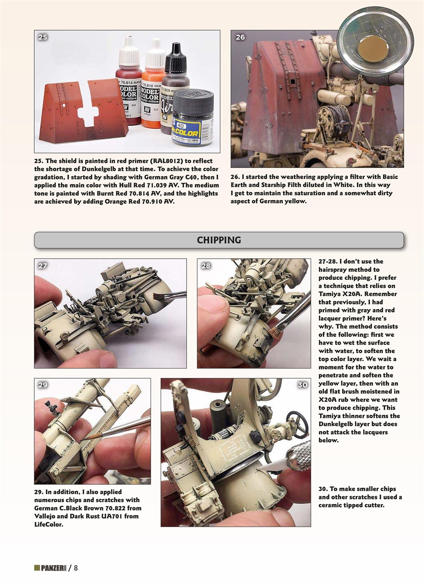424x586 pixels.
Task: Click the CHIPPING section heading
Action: [219, 240]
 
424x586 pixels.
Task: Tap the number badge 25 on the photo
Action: [43, 38]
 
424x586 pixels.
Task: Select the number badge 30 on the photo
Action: [302, 385]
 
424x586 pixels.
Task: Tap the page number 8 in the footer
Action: [76, 568]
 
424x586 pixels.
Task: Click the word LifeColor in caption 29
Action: [48, 524]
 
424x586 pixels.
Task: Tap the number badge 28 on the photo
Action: [205, 266]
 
